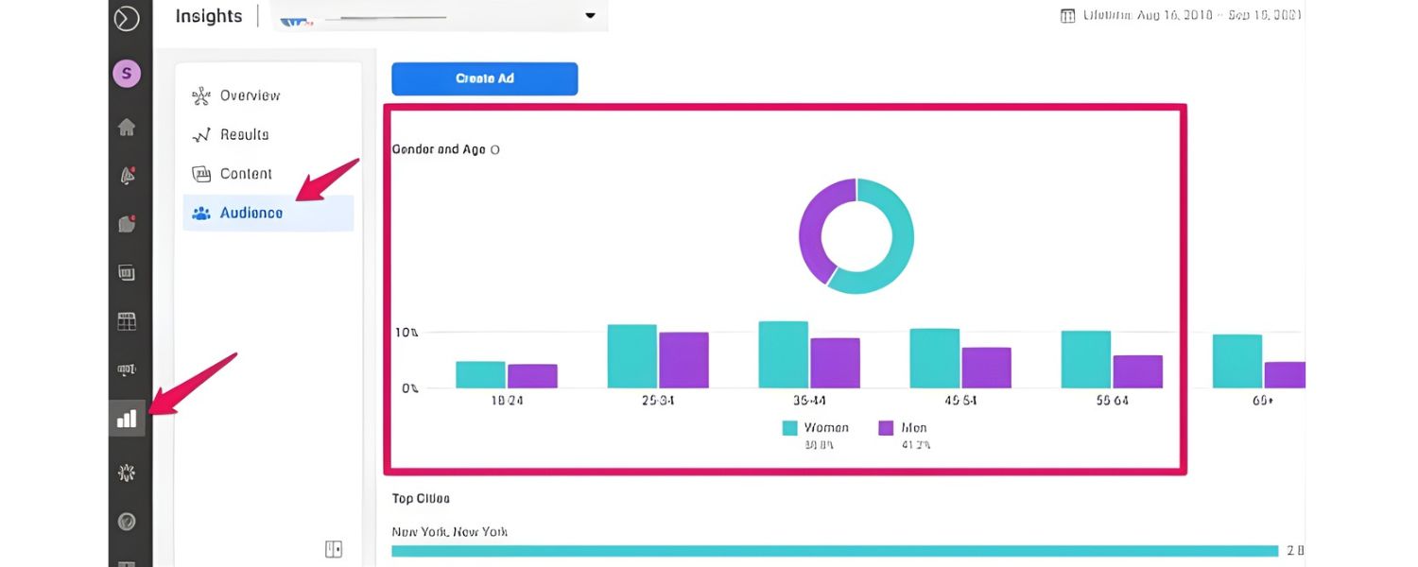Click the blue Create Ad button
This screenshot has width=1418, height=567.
[484, 78]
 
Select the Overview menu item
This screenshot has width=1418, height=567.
[250, 95]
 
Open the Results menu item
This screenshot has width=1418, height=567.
[244, 135]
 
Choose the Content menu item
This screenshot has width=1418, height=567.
[246, 174]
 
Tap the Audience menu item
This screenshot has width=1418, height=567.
[251, 214]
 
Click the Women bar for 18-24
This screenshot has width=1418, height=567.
[480, 374]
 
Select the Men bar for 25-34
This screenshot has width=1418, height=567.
[683, 360]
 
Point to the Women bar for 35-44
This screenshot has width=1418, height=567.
[783, 354]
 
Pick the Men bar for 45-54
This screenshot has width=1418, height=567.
[986, 368]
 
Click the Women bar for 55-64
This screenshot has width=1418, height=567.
[1085, 359]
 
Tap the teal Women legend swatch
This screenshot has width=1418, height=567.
[790, 428]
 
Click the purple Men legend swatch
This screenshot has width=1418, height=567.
[887, 428]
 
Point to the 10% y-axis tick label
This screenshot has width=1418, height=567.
[406, 333]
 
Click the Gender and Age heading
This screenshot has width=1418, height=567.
[439, 149]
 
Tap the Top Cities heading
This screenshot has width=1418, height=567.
[421, 498]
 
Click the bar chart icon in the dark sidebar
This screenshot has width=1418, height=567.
[127, 418]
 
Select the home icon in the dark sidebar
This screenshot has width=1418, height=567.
[127, 127]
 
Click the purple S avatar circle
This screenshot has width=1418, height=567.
[127, 73]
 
